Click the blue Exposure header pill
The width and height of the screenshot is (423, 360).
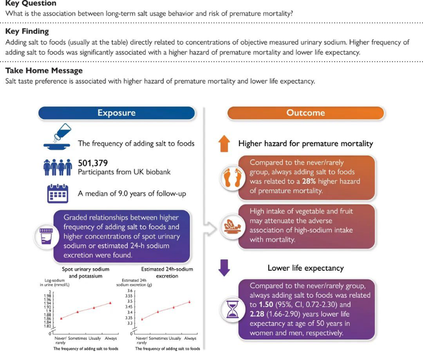[x=116, y=113]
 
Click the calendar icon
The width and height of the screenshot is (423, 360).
[x=57, y=194]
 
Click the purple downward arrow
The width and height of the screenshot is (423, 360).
[x=224, y=268]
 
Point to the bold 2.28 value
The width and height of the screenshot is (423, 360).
[x=259, y=314]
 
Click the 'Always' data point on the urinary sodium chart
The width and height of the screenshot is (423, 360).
[x=110, y=303]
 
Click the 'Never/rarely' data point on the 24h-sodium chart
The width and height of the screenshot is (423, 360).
[x=142, y=319]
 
